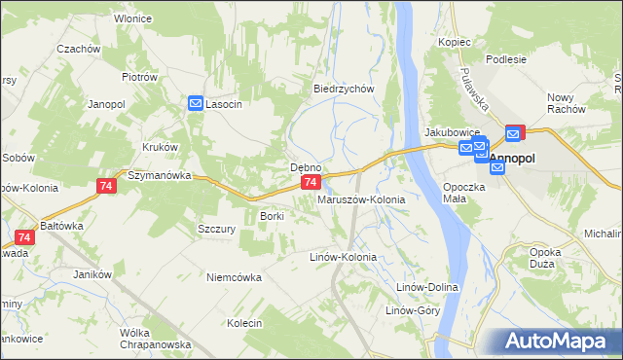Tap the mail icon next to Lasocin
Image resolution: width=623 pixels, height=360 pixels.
tap(196, 103)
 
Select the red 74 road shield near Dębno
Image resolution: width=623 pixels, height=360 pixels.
tap(310, 182)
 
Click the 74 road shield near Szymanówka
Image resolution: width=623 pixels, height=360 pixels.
tap(106, 185)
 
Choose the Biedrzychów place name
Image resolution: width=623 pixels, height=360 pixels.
tap(344, 89)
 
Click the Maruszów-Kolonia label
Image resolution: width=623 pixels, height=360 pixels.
tap(361, 199)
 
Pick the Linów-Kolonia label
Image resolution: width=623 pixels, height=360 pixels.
tap(343, 257)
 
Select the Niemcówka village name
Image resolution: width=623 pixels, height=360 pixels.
tap(234, 277)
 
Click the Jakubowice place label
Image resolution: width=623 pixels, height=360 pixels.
tap(449, 131)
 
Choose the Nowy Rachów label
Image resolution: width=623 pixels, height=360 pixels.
tap(566, 103)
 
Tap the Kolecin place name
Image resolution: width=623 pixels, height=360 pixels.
tap(245, 323)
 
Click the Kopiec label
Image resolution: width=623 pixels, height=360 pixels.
tap(455, 42)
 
